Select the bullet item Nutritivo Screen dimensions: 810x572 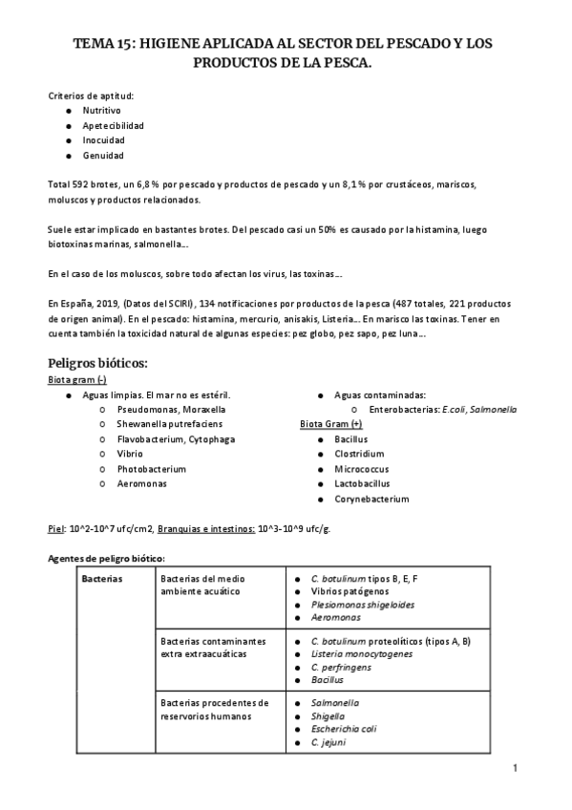click(101, 111)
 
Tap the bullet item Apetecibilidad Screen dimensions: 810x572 click(114, 125)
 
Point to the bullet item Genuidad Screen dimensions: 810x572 click(103, 155)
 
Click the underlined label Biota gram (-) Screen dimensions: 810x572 click(76, 379)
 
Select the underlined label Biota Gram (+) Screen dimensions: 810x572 click(331, 423)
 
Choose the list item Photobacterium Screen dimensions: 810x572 click(151, 469)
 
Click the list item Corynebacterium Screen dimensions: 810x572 click(371, 499)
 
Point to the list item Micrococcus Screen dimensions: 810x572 click(363, 469)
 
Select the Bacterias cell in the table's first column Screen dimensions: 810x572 click(101, 579)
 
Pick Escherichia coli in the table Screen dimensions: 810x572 click(344, 728)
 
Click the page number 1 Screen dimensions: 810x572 click(515, 767)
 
